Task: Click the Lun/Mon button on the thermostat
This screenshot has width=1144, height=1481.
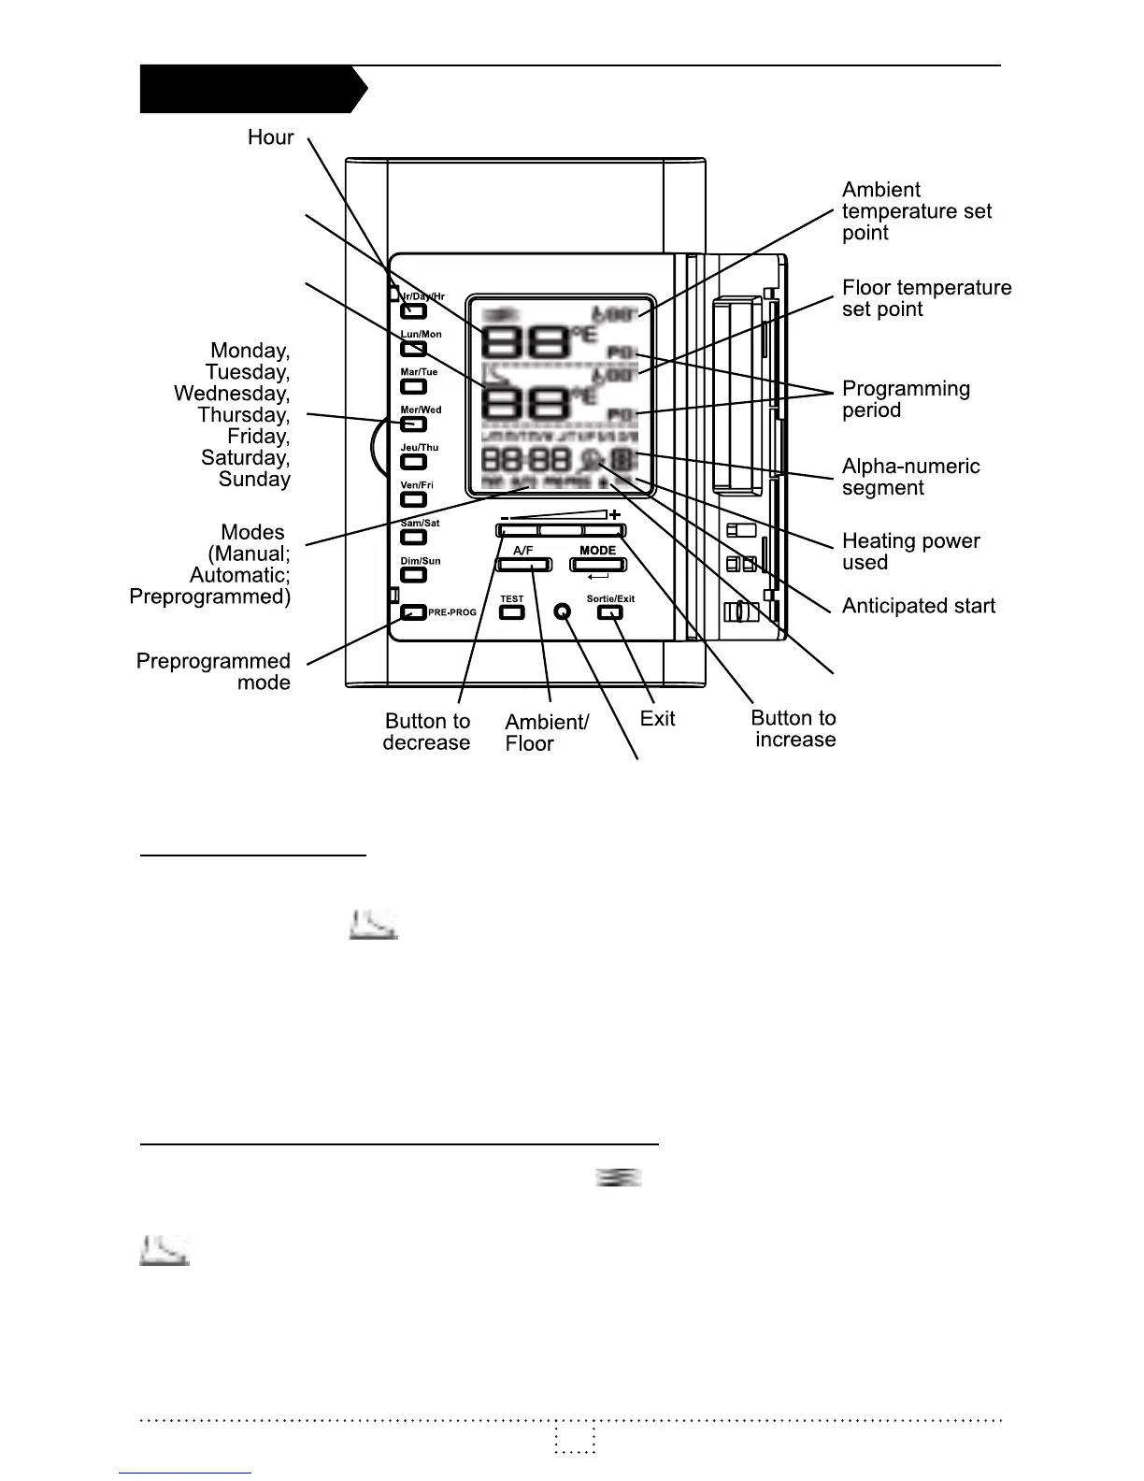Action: coord(413,349)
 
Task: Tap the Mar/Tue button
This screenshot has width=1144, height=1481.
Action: coord(413,386)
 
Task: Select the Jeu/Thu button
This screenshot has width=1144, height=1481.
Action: coord(413,462)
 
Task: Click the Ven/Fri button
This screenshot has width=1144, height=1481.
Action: coord(413,499)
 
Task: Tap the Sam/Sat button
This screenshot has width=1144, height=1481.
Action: coord(413,538)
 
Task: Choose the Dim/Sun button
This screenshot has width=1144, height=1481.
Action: coord(413,575)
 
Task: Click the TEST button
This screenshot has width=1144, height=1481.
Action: coord(512,612)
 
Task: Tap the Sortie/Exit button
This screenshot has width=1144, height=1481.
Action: coord(610,612)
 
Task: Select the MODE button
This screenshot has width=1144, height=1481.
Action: coord(598,565)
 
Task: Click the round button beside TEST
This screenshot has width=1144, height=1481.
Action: coord(562,611)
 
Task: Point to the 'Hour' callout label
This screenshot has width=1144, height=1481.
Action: coord(270,137)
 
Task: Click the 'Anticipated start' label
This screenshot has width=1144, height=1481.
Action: coord(918,606)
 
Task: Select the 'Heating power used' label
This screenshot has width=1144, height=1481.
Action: coord(910,552)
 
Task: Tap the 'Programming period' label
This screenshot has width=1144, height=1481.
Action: coord(906,399)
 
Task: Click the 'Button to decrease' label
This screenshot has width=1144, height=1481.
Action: coord(426,732)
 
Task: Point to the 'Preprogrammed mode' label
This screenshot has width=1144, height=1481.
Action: coord(213,671)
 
